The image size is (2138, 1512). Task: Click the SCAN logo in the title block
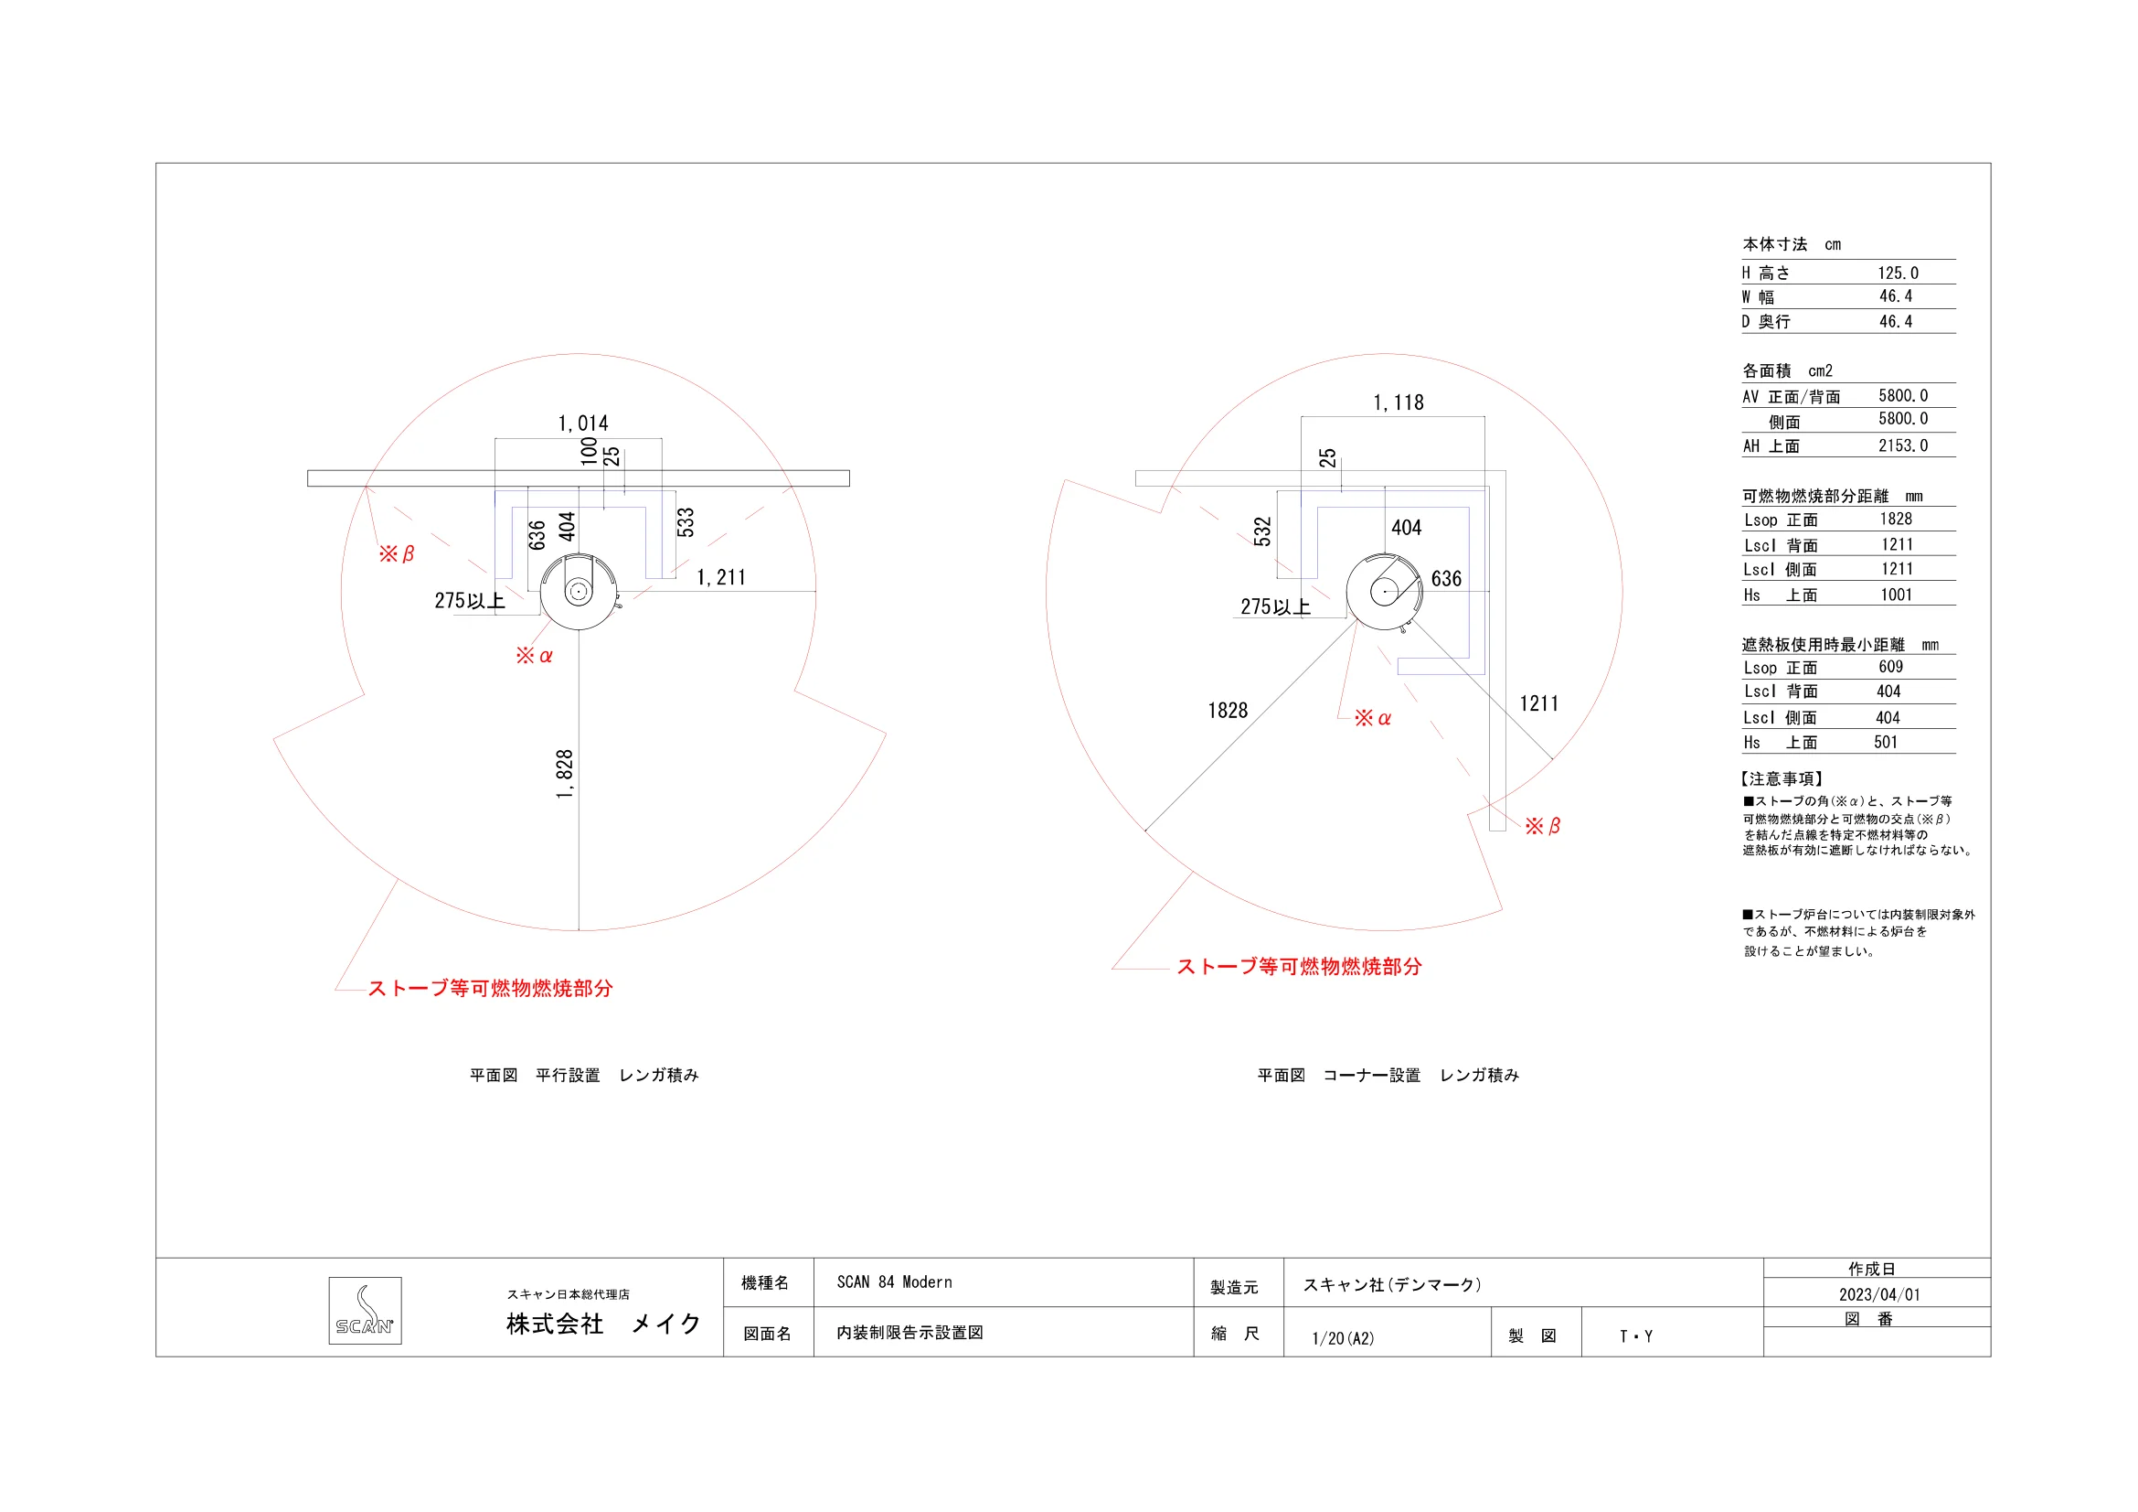click(x=365, y=1310)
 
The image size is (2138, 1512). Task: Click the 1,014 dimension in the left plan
click(x=583, y=424)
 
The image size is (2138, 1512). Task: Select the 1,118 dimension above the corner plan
click(x=1398, y=402)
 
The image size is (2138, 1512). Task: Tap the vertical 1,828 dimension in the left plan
click(x=565, y=774)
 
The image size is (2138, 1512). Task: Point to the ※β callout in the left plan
click(x=397, y=554)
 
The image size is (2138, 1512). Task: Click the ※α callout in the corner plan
click(x=1373, y=718)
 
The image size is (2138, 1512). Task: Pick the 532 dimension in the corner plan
click(x=1262, y=531)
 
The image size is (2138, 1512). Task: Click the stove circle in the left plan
click(x=579, y=592)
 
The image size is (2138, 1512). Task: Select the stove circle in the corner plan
click(x=1385, y=592)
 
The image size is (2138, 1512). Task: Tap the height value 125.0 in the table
click(x=1898, y=273)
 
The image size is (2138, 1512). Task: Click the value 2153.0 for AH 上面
click(x=1902, y=445)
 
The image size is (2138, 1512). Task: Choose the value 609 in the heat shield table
click(x=1890, y=667)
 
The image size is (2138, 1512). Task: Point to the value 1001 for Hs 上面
click(x=1896, y=595)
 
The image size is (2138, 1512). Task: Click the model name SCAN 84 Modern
click(x=894, y=1281)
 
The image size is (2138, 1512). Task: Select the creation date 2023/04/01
click(x=1879, y=1294)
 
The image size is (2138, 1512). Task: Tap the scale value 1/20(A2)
click(x=1343, y=1338)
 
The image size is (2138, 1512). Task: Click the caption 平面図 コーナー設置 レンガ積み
click(x=1388, y=1075)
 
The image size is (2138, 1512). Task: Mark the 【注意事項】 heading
click(x=1782, y=778)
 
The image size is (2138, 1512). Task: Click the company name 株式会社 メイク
click(x=603, y=1324)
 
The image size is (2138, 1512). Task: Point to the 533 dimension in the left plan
click(x=686, y=522)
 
